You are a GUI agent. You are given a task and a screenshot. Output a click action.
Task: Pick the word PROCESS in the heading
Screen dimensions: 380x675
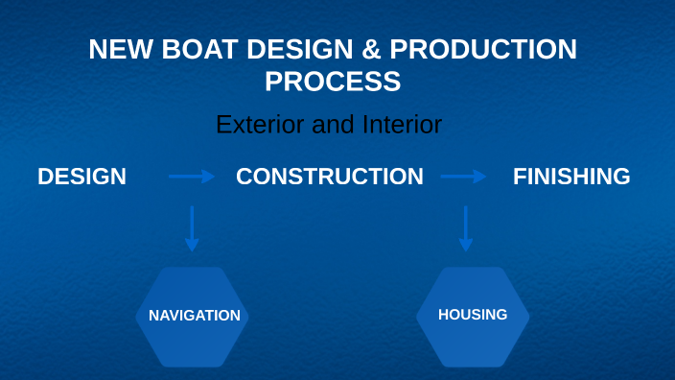coord(333,83)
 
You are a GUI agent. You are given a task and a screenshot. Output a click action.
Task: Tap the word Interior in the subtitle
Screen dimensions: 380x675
coord(402,125)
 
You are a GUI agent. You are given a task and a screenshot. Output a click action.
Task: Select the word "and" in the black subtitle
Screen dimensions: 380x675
coord(336,125)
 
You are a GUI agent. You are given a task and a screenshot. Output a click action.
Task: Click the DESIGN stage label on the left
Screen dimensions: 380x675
coord(81,177)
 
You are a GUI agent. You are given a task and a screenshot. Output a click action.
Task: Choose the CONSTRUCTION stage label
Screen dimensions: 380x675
coord(329,177)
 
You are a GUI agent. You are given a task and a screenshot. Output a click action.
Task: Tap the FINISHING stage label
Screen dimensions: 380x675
coord(571,177)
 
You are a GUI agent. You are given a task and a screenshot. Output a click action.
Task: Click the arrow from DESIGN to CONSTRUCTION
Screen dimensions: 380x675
coord(192,177)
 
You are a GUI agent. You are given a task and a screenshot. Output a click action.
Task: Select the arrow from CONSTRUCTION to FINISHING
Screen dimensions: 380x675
coord(464,177)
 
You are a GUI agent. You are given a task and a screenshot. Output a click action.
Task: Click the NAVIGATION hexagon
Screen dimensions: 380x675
coord(193,317)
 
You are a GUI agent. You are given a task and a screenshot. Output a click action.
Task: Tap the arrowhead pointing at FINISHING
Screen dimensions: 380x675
coord(481,177)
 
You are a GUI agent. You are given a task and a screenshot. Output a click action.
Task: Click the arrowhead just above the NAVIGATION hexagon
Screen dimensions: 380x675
coord(192,247)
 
